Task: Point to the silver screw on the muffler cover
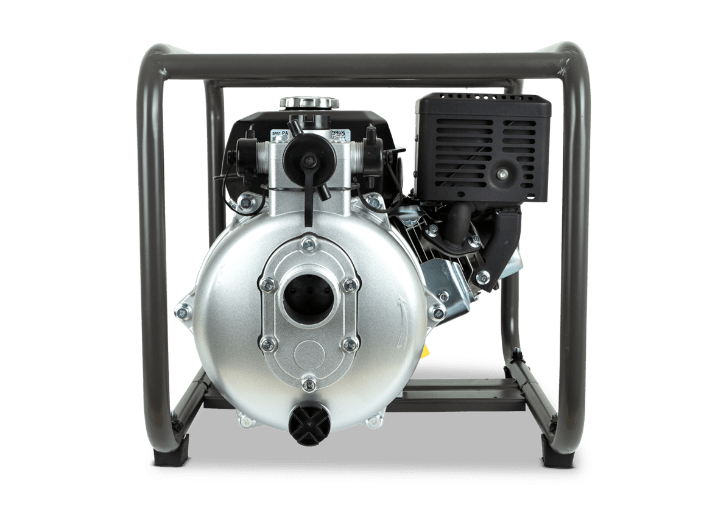(501, 175)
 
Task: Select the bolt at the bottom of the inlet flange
(309, 383)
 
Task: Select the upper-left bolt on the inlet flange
(266, 284)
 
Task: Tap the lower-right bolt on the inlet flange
(349, 345)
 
